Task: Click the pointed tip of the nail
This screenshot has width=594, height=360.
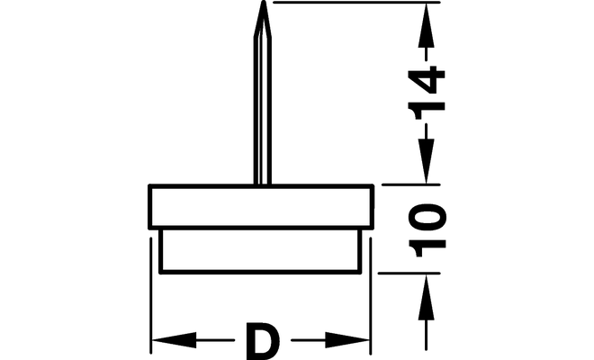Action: coord(263,1)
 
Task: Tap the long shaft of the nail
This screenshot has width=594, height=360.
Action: coord(263,111)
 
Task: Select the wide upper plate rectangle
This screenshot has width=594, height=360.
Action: coord(261,207)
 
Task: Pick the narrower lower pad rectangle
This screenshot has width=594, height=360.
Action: coord(260,251)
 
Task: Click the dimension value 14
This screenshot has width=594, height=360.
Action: coord(427,93)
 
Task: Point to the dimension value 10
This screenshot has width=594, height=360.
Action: coord(427,230)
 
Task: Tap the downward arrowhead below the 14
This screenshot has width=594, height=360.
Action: coord(427,161)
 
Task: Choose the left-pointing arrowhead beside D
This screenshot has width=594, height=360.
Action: coord(175,340)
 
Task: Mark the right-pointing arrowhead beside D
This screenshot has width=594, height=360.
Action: coord(347,340)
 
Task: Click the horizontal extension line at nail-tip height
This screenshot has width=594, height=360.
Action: coord(356,3)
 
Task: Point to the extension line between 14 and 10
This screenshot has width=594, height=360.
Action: coord(411,184)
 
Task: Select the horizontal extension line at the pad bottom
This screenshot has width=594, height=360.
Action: coord(409,273)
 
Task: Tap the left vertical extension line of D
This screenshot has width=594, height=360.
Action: coord(151,295)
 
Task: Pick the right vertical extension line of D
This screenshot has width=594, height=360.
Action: coord(371,295)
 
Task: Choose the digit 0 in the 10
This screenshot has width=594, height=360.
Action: coord(427,218)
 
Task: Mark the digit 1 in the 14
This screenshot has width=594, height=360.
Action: coord(427,111)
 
